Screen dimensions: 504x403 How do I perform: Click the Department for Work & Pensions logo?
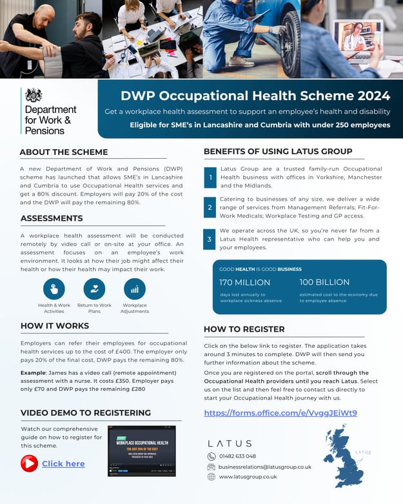click(x=48, y=111)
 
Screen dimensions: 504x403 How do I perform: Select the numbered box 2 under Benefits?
click(x=210, y=208)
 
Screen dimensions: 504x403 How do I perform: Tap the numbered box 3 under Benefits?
click(x=210, y=239)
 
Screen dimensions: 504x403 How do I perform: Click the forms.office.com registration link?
click(x=280, y=412)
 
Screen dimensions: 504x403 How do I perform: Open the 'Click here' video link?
click(x=63, y=463)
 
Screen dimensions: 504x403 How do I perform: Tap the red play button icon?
click(x=29, y=463)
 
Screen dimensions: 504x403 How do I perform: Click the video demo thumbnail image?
click(x=150, y=450)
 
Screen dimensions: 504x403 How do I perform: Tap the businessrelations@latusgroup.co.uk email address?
click(x=265, y=467)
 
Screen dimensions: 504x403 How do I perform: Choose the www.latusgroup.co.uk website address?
click(x=248, y=477)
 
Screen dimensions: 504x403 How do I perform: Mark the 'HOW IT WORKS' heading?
click(x=54, y=326)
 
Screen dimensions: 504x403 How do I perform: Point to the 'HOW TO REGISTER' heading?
click(x=244, y=329)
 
